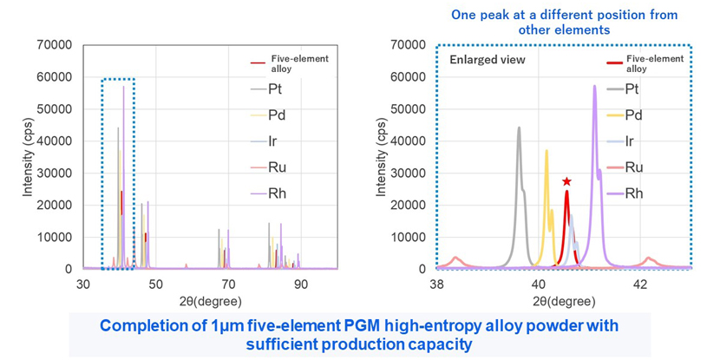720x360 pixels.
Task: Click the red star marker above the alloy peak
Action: (x=566, y=181)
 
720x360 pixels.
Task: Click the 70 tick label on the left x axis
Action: (x=228, y=283)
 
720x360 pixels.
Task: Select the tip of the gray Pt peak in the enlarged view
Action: (x=519, y=128)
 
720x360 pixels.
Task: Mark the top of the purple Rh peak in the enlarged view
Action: (x=594, y=86)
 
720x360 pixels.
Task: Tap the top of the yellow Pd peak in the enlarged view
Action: (x=547, y=151)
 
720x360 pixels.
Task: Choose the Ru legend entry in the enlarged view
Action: (x=632, y=167)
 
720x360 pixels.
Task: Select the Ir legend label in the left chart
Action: (x=272, y=141)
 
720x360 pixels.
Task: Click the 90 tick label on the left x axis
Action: (x=301, y=283)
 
